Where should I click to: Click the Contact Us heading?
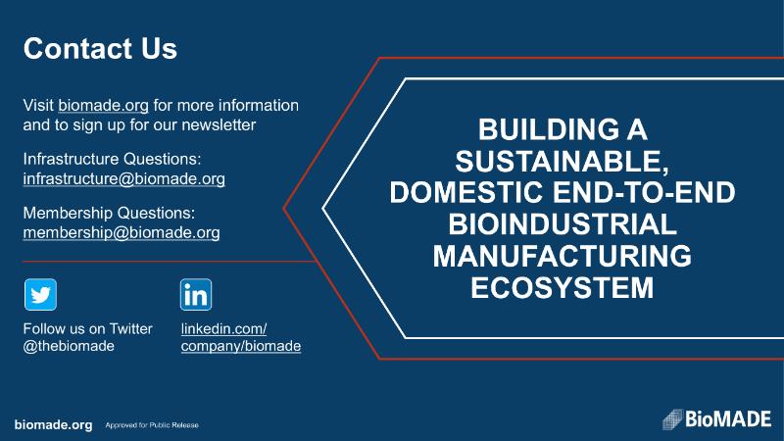pos(100,48)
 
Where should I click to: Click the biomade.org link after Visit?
pos(104,106)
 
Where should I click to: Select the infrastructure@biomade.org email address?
pos(124,178)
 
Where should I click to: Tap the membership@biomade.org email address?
pos(122,232)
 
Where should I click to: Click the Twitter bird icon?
pos(40,295)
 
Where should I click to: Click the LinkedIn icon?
pos(196,295)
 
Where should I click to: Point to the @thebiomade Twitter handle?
pos(69,346)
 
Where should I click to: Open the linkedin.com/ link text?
pos(223,329)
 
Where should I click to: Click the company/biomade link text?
pos(241,346)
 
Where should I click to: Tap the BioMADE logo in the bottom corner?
pos(717,419)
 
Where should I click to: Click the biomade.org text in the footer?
pos(54,425)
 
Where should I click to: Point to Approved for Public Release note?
pos(152,425)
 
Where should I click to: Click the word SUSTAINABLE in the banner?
pos(562,161)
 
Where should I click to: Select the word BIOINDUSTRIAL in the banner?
pos(563,224)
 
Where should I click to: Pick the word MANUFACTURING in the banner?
pos(563,256)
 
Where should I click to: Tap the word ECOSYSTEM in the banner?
pos(563,287)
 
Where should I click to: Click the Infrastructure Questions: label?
pos(112,159)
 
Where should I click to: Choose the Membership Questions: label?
pos(109,213)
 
